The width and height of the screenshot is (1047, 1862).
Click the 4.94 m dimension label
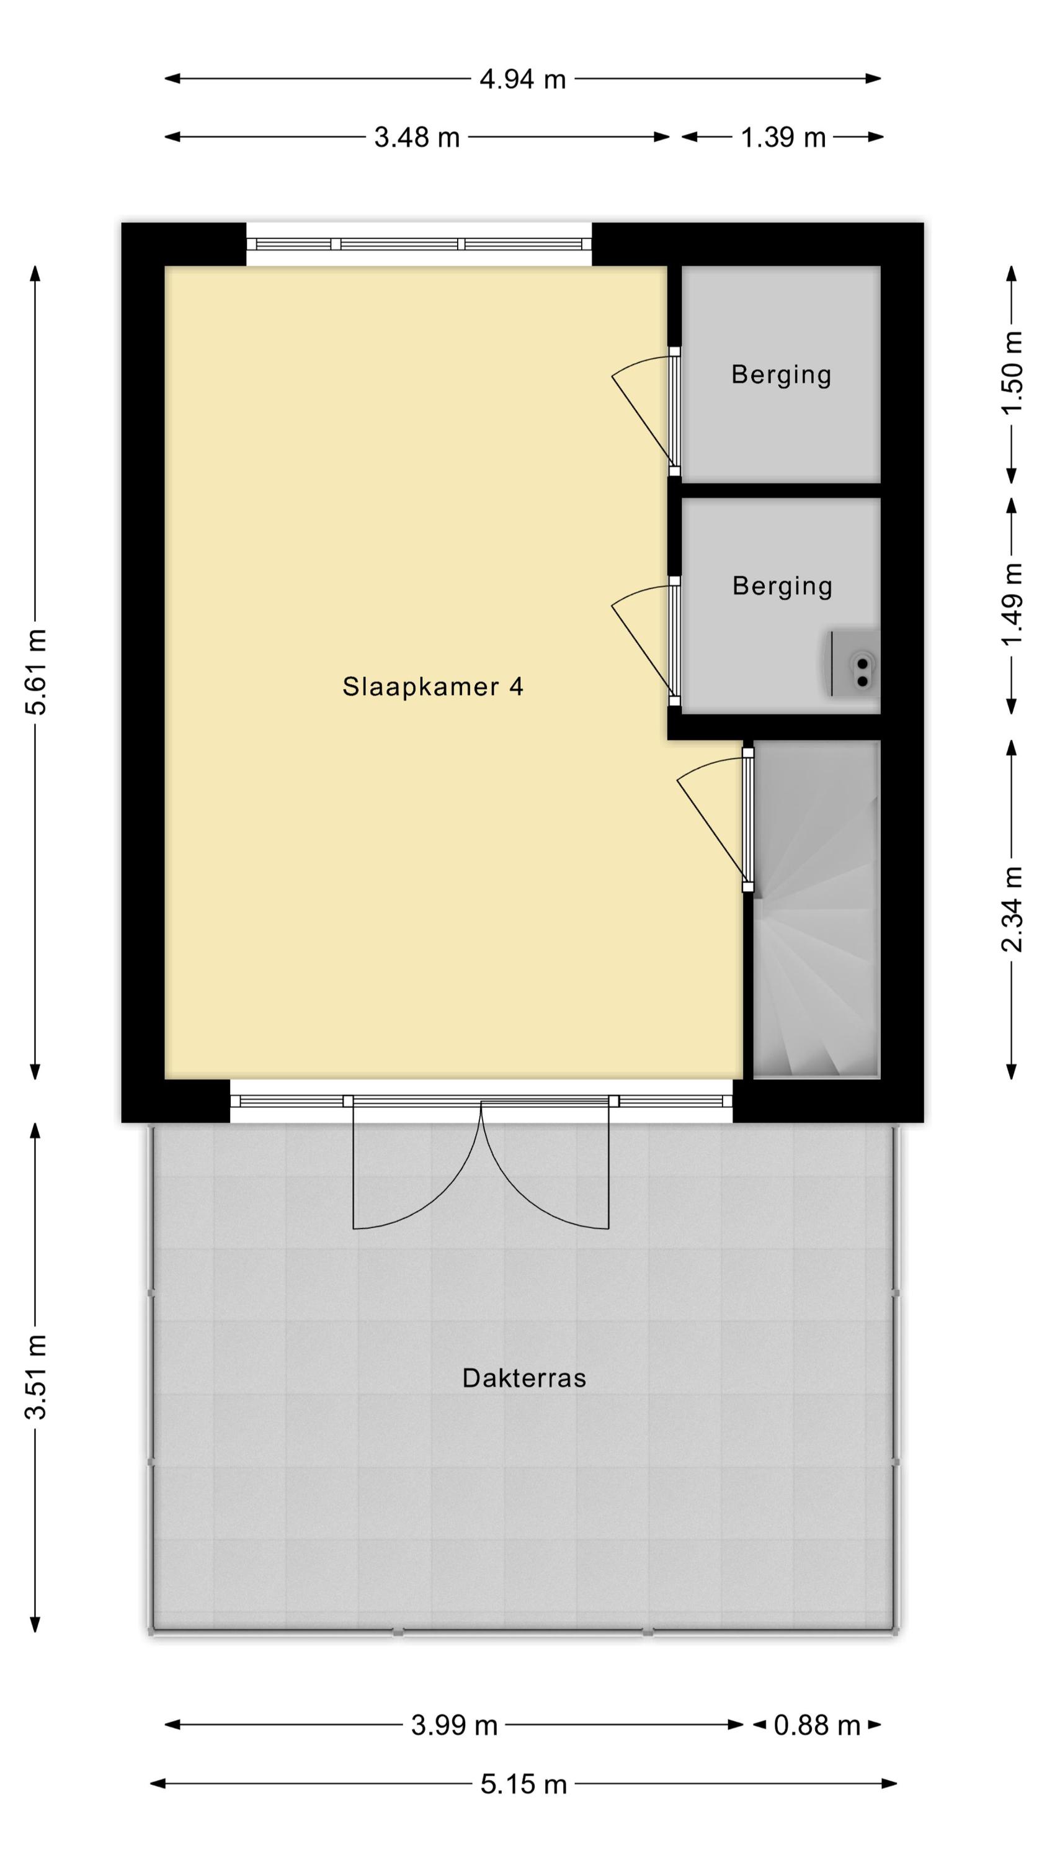pyautogui.click(x=522, y=79)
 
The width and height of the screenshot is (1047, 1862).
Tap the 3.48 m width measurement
pyautogui.click(x=417, y=137)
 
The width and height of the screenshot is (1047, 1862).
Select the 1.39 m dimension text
pyautogui.click(x=783, y=137)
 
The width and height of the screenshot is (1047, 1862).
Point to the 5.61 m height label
pyautogui.click(x=36, y=672)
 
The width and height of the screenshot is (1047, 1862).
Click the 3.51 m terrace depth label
pyautogui.click(x=36, y=1377)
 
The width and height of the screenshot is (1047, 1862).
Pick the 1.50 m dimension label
pyautogui.click(x=1012, y=372)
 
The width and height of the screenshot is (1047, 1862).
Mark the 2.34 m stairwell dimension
pyautogui.click(x=1012, y=909)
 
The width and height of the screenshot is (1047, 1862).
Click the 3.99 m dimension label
pyautogui.click(x=455, y=1725)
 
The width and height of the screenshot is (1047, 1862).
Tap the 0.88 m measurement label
pyautogui.click(x=818, y=1725)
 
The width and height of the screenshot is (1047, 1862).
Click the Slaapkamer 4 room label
pyautogui.click(x=433, y=686)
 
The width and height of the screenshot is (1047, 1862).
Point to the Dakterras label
pyautogui.click(x=524, y=1378)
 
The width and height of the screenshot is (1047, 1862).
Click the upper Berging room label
pyautogui.click(x=781, y=374)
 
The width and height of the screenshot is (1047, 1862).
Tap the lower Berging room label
pyautogui.click(x=783, y=585)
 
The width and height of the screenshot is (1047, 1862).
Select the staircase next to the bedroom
pyautogui.click(x=816, y=909)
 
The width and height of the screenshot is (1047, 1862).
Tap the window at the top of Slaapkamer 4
pyautogui.click(x=419, y=245)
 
